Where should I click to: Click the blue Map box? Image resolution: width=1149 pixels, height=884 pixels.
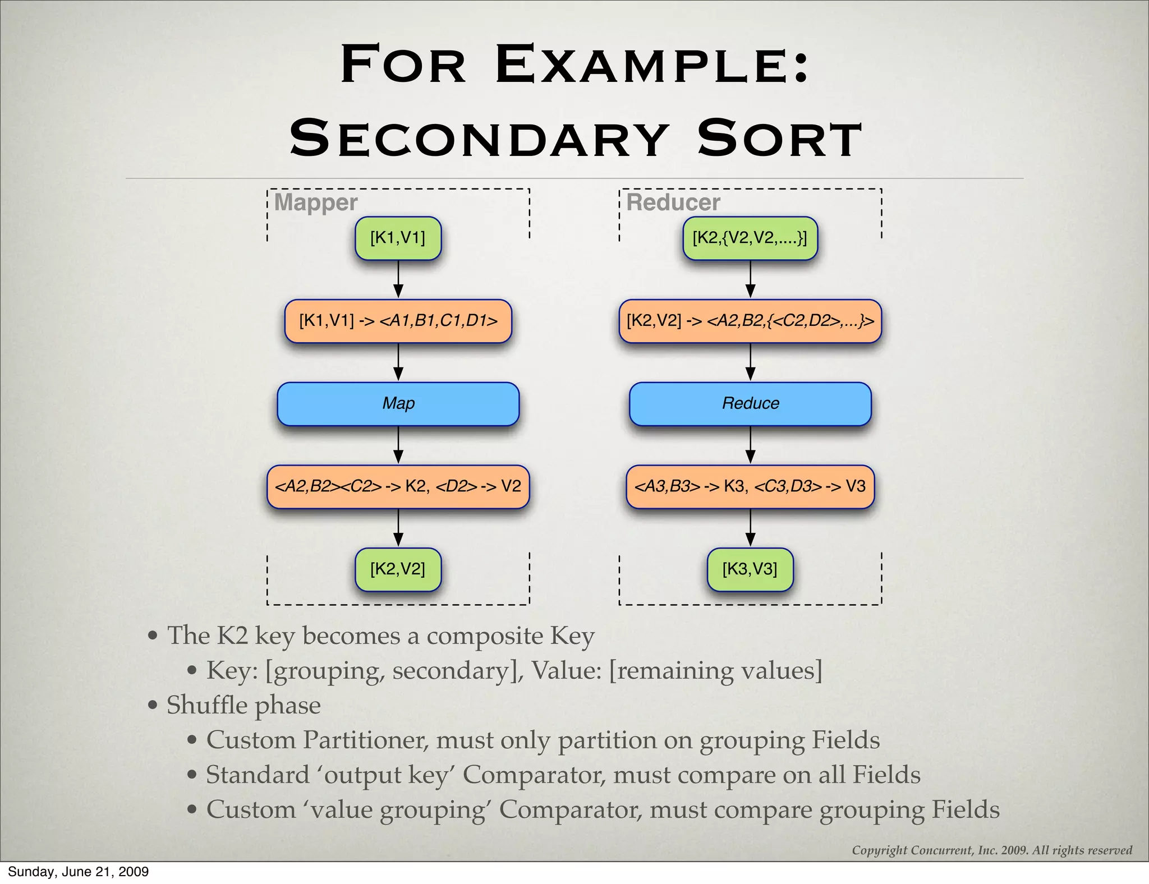tap(398, 403)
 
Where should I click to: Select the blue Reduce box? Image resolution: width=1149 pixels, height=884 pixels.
tap(750, 403)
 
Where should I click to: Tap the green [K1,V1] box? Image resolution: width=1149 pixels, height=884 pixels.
tap(398, 238)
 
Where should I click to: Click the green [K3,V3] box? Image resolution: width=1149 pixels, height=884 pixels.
tap(750, 569)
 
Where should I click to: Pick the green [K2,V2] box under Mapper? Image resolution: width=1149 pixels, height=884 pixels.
tap(398, 569)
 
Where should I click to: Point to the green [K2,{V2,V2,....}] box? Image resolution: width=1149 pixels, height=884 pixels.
tap(750, 238)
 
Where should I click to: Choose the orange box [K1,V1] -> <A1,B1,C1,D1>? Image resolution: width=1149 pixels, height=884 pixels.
tap(398, 321)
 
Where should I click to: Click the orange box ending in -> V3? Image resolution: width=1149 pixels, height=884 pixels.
tap(750, 486)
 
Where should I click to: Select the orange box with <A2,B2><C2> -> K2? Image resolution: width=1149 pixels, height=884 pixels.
tap(398, 486)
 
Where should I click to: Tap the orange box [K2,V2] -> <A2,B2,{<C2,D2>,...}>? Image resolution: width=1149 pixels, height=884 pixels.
tap(750, 321)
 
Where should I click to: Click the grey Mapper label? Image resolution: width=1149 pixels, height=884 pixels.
tap(316, 202)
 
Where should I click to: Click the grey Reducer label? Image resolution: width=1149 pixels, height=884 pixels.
tap(673, 202)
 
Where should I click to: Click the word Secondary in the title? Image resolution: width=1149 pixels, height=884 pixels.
tap(478, 139)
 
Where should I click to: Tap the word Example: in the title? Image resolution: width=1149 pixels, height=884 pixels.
tap(652, 65)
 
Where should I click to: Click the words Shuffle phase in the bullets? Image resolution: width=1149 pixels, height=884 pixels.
tap(243, 705)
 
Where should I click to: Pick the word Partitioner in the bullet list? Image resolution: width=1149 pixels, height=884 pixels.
tap(366, 740)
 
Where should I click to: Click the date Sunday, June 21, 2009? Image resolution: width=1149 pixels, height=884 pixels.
tap(78, 872)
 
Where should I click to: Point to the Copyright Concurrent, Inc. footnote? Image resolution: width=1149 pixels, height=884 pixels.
tap(991, 850)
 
